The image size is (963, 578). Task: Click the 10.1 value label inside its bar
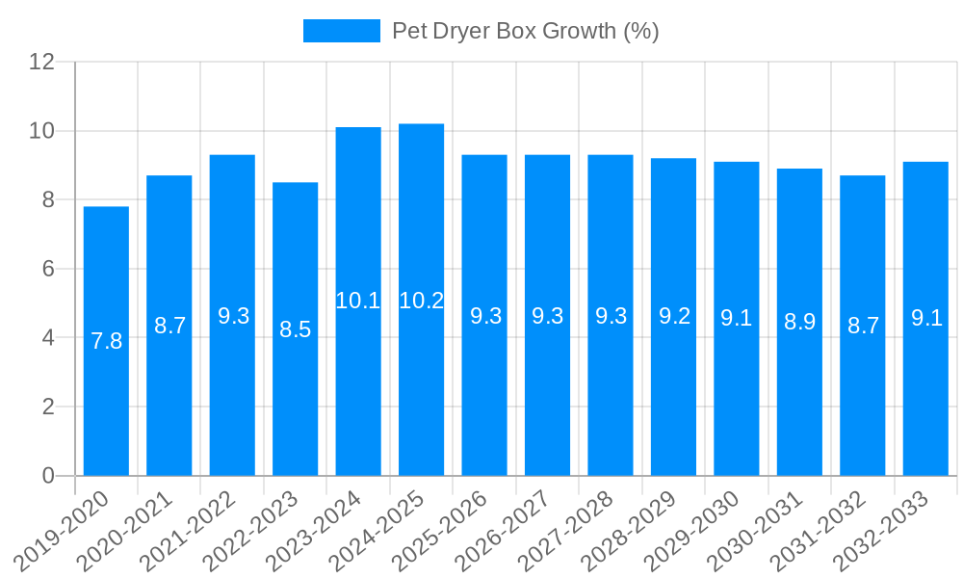358,301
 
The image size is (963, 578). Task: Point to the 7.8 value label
106,341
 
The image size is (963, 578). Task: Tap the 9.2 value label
674,316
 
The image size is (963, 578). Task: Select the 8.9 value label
799,322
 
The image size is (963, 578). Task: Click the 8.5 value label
295,329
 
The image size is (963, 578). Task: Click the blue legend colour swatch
341,31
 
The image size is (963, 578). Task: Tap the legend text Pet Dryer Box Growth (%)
525,31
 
